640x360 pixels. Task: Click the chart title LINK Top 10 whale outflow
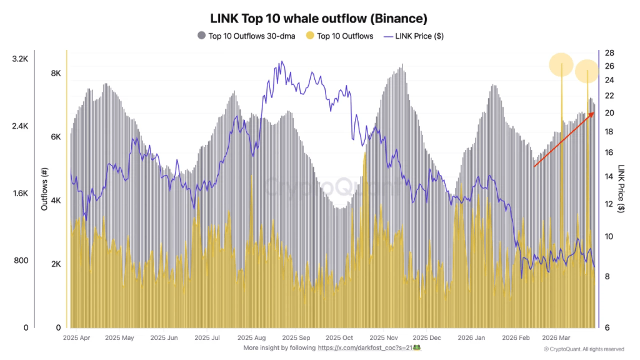(319, 18)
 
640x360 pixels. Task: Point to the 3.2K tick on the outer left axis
(20, 59)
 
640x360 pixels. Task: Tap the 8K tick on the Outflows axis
(56, 73)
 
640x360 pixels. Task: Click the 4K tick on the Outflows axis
(56, 201)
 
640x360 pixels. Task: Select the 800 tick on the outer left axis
(21, 261)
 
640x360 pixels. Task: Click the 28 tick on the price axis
(609, 53)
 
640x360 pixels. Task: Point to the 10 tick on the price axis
(609, 236)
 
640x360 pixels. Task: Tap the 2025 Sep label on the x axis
(296, 337)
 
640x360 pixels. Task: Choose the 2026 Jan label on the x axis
(471, 337)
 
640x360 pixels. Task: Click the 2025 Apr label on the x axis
(77, 337)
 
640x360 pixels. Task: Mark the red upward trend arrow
(563, 139)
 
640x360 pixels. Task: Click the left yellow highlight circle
(561, 64)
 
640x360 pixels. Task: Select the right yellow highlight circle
(587, 72)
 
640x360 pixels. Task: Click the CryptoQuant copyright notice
(583, 349)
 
